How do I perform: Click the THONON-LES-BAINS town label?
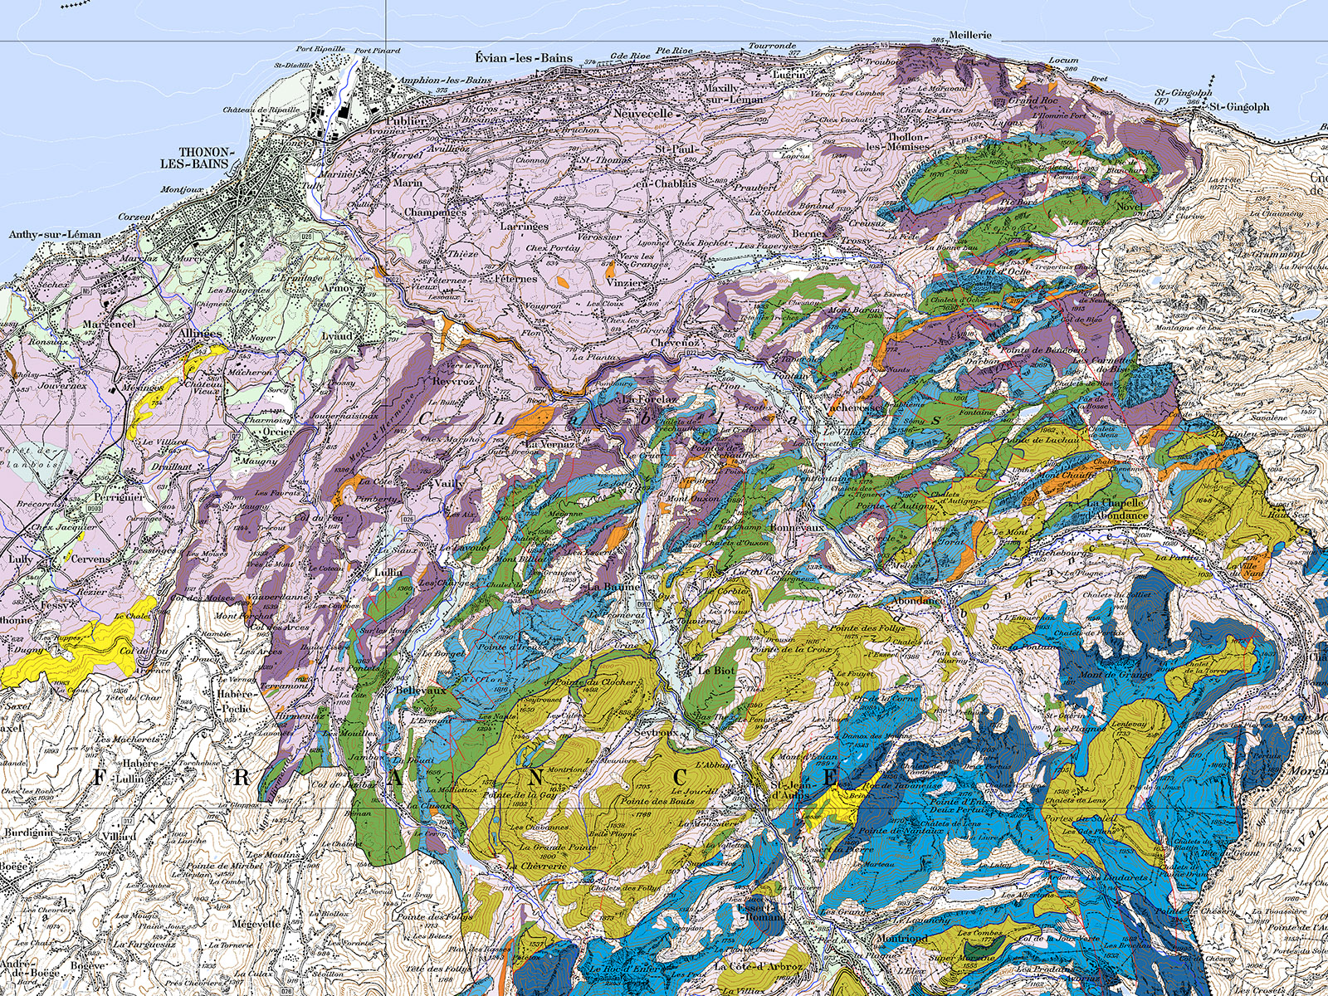coord(198,158)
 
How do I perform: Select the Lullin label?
coord(388,573)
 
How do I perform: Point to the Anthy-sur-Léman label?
coord(55,234)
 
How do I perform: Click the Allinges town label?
coord(199,334)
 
